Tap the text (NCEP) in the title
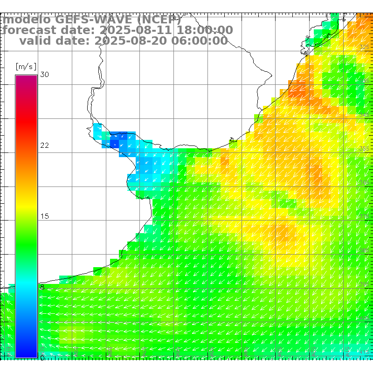pyautogui.click(x=159, y=20)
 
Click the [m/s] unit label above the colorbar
pyautogui.click(x=26, y=66)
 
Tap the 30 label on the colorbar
pyautogui.click(x=45, y=75)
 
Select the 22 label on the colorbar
pyautogui.click(x=44, y=145)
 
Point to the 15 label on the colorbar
pyautogui.click(x=44, y=216)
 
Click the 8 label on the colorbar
pyautogui.click(x=42, y=287)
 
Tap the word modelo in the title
pyautogui.click(x=28, y=20)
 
